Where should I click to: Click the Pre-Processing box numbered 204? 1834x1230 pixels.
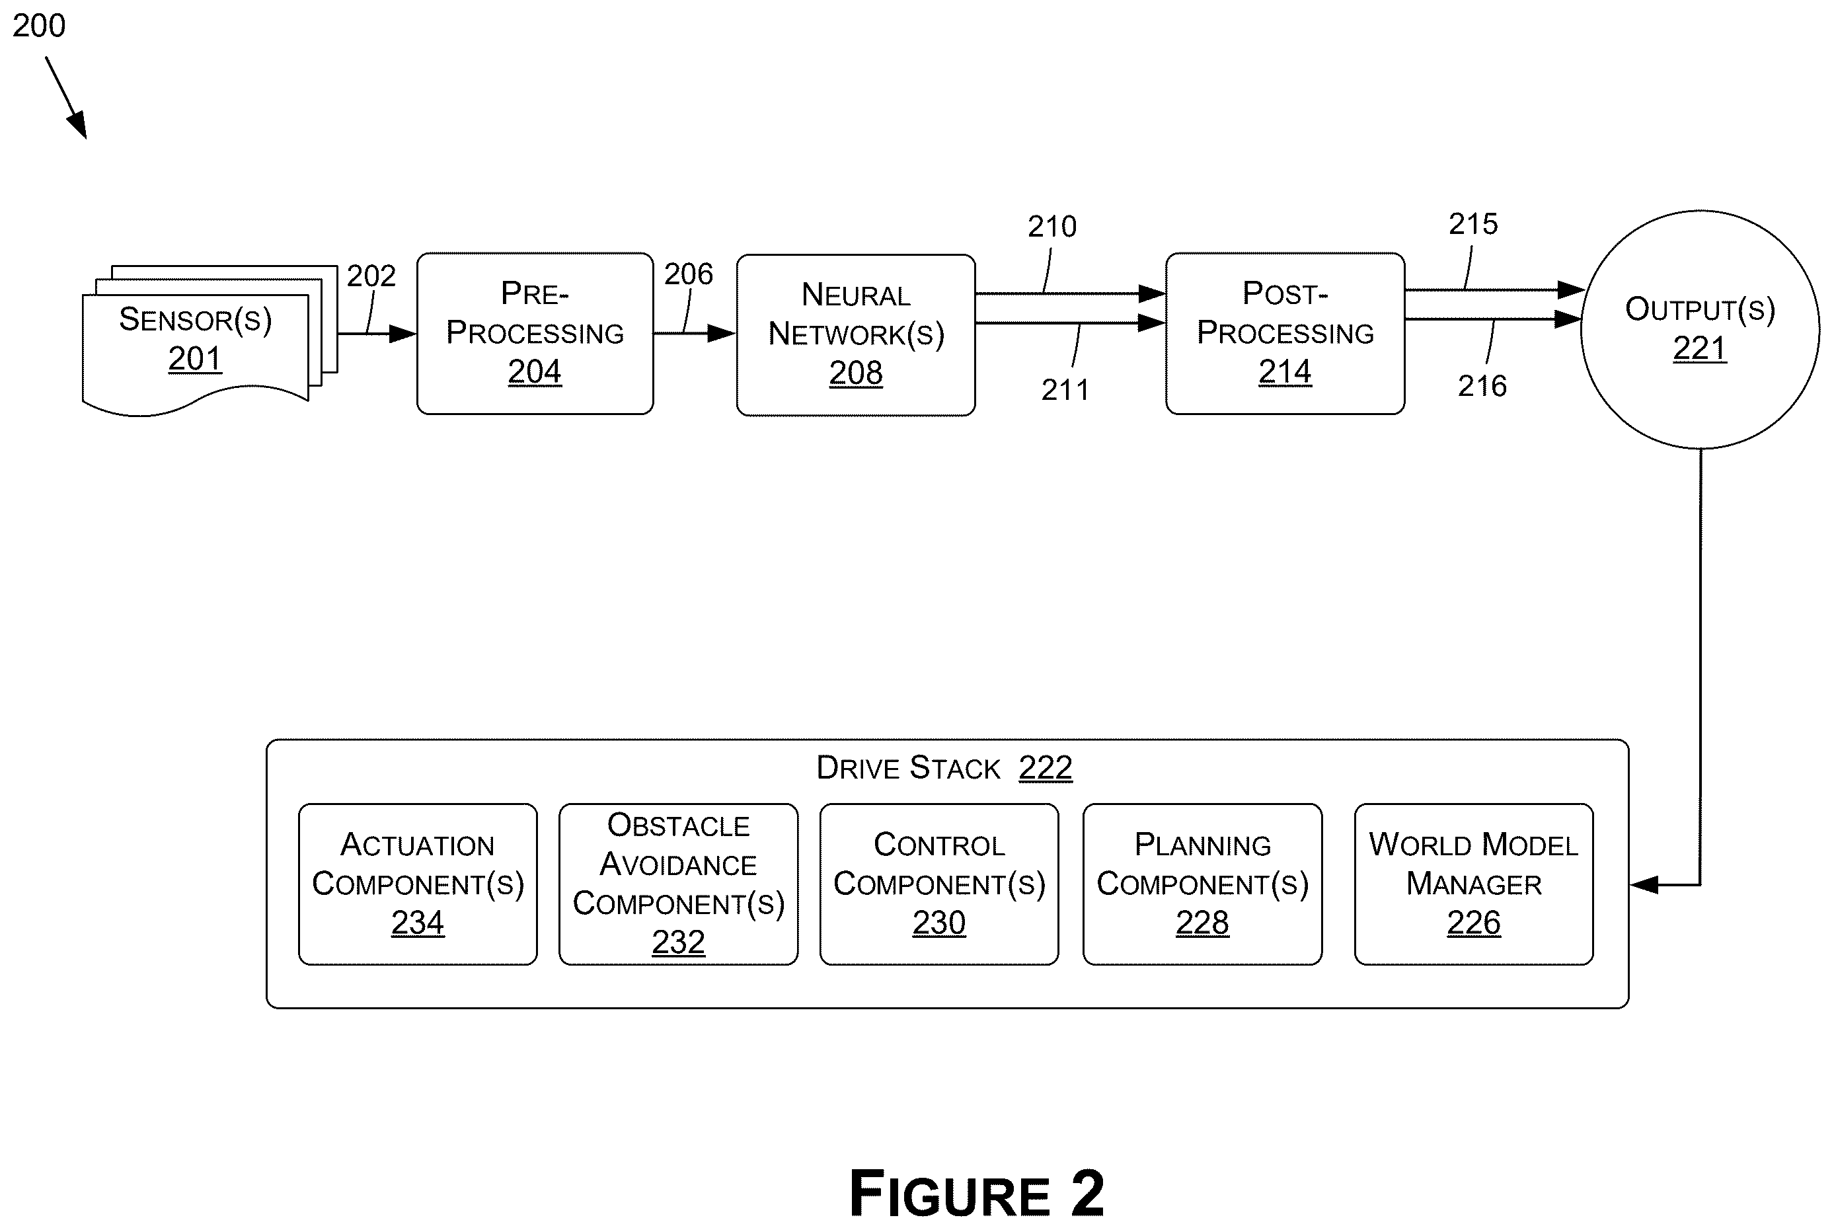[x=535, y=333]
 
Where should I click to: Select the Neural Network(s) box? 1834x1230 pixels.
[x=856, y=335]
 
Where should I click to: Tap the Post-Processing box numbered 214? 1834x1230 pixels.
[x=1285, y=333]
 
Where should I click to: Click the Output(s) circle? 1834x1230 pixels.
[x=1700, y=329]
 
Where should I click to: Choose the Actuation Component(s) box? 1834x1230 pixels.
[x=418, y=884]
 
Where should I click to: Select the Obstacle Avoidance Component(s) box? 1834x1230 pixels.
[x=679, y=884]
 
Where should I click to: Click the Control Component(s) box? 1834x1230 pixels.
[x=939, y=884]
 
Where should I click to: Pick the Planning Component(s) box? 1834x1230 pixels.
[x=1203, y=884]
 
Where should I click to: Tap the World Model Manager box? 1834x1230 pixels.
[x=1474, y=884]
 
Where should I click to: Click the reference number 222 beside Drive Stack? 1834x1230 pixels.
[x=1046, y=767]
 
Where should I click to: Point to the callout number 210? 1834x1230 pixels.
[x=1053, y=227]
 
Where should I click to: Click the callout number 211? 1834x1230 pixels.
[x=1065, y=390]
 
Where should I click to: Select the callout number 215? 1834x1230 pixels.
[x=1473, y=224]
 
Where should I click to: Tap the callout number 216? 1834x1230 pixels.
[x=1482, y=386]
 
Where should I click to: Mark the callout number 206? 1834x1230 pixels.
[x=689, y=274]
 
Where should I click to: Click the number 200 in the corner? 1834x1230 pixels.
[x=39, y=26]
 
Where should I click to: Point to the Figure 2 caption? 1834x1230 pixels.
[x=977, y=1193]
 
